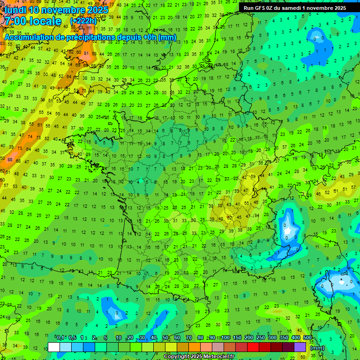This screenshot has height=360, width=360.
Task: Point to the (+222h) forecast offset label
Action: [x=83, y=21]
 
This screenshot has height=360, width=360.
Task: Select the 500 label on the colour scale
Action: [x=307, y=337]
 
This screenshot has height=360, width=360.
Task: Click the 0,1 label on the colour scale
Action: [x=60, y=337]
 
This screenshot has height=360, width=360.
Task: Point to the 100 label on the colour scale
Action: [x=225, y=337]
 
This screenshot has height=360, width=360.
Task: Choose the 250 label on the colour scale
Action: [x=261, y=337]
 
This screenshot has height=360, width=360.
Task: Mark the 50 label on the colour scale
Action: [x=165, y=337]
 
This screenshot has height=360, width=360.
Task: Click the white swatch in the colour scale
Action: [x=54, y=347]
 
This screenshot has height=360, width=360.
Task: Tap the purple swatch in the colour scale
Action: [x=300, y=347]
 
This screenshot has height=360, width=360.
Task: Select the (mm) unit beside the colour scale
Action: [x=317, y=348]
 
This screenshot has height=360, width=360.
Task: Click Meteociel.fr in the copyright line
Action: [x=215, y=357]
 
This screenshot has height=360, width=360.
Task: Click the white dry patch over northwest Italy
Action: [x=286, y=229]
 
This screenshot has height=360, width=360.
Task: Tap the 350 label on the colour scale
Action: [x=284, y=337]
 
